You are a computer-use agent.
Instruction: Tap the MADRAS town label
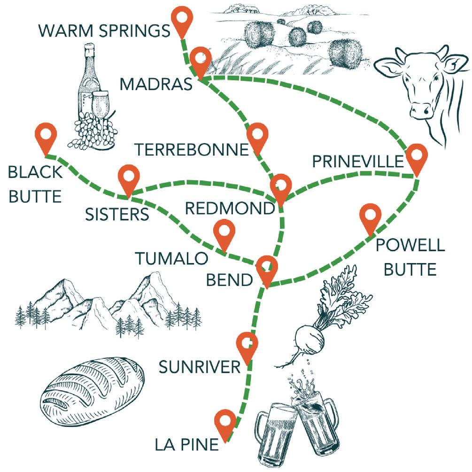pos(156,85)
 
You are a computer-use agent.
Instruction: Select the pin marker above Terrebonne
pos(257,136)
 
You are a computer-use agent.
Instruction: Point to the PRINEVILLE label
pos(358,162)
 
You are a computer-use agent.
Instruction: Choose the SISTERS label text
pos(117,214)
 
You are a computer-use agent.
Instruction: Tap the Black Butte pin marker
pos(46,136)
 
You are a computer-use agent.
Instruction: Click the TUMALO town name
pos(172,258)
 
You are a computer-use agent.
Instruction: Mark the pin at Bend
pos(266,268)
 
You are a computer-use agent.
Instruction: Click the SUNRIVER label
pos(200,367)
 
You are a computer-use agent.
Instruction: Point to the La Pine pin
pos(225,422)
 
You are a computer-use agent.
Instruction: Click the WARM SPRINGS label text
pos(104,31)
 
